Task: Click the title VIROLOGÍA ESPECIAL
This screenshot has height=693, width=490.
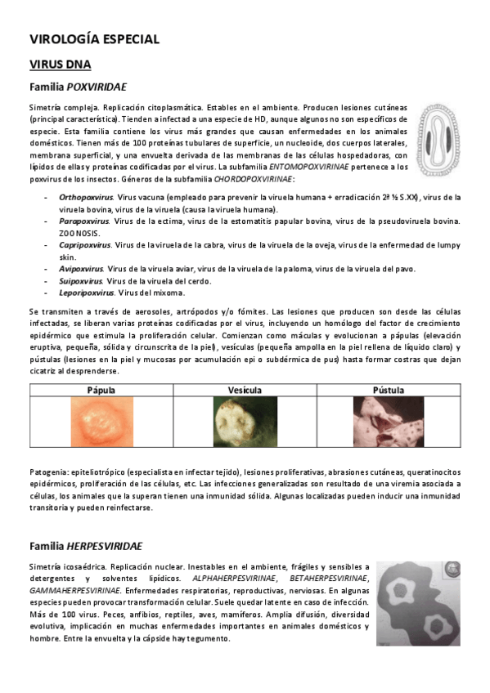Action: point(93,38)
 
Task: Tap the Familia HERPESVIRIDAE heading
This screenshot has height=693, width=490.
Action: point(86,545)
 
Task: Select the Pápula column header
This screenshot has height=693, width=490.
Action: point(101,390)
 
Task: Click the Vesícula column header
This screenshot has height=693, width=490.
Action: point(244,390)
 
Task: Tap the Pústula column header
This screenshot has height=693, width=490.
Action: point(388,390)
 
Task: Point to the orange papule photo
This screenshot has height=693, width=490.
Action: point(101,425)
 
